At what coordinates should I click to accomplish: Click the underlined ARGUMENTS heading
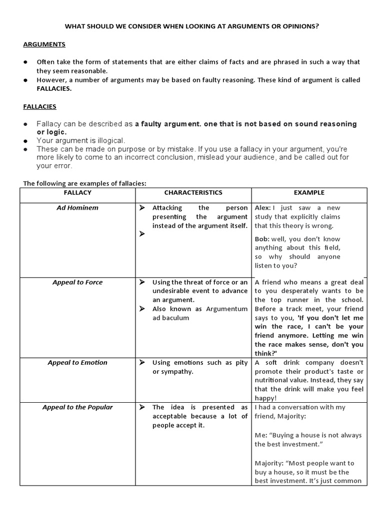pos(44,44)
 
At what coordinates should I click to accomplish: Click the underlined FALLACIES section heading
pos(39,106)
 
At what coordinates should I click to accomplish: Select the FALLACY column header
pos(77,193)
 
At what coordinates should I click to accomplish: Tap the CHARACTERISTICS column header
pos(193,193)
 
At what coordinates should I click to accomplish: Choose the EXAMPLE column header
pos(309,193)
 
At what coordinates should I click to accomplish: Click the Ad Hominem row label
pos(77,208)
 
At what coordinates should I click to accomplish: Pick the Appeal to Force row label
pos(77,282)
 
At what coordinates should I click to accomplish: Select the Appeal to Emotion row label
pos(77,363)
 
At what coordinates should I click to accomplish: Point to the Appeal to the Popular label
pos(77,407)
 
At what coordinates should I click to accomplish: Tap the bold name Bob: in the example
pos(262,239)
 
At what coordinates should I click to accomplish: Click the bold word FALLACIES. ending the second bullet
pos(54,88)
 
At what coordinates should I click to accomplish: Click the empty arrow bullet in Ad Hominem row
pos(142,234)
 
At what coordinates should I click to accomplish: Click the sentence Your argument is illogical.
pos(81,141)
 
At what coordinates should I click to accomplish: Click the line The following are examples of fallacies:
pos(84,184)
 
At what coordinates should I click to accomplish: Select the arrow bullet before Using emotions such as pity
pos(142,363)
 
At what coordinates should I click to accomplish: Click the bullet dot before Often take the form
pos(26,62)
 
